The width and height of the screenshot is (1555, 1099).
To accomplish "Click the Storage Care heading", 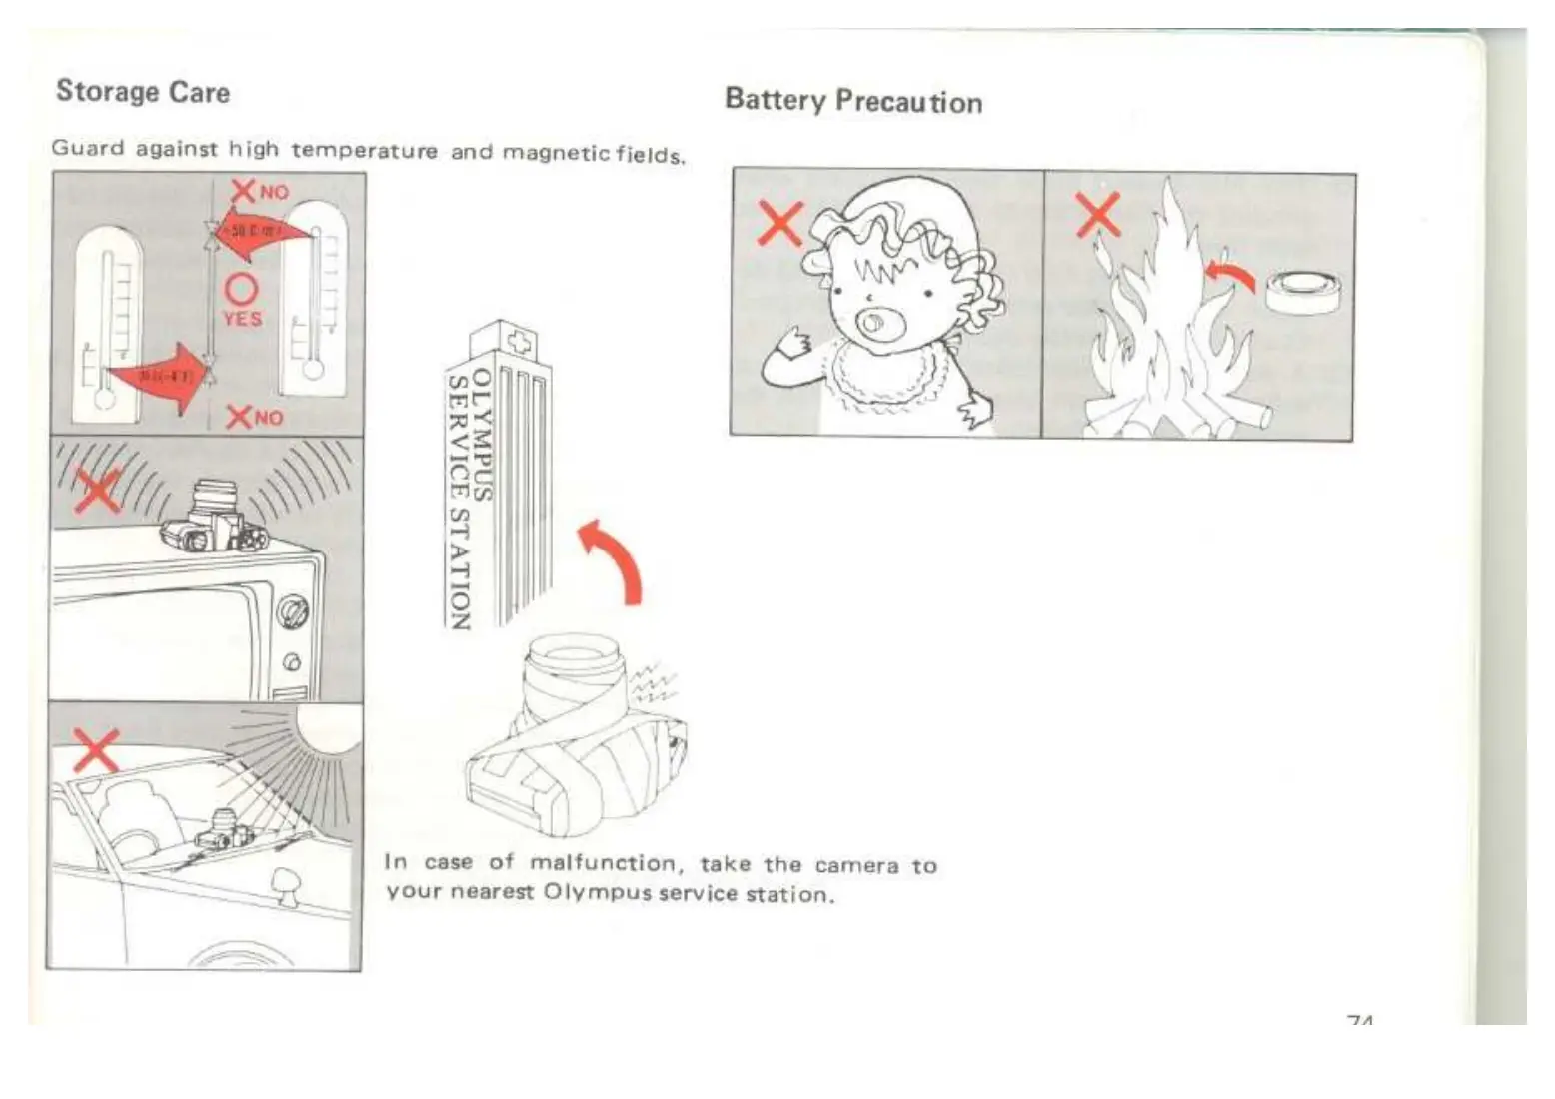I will pos(143,92).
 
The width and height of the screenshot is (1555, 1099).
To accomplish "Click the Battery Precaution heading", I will pos(853,101).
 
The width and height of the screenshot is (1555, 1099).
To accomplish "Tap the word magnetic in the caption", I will pos(557,153).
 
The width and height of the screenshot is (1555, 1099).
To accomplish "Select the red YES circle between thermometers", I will pos(241,289).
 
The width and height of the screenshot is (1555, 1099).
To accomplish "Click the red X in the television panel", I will pos(97,491).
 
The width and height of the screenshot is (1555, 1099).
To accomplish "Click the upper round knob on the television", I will pos(292,610).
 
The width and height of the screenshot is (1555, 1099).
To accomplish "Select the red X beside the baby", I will pos(780,223).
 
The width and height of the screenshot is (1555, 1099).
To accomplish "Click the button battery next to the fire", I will pos(1303,292).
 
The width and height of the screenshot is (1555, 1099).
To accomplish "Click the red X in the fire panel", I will pos(1097,216).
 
